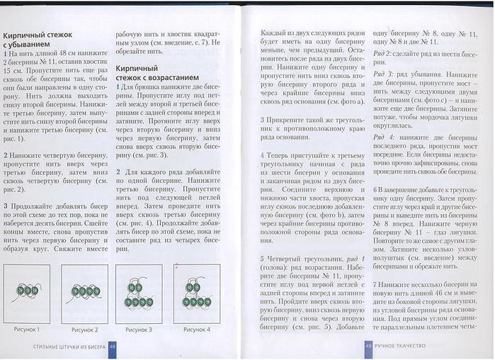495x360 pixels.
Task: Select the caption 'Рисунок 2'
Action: [x=83, y=330]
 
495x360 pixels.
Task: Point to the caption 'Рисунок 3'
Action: [x=139, y=330]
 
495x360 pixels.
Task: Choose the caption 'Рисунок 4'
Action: [x=195, y=330]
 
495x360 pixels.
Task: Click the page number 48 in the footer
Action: [x=113, y=346]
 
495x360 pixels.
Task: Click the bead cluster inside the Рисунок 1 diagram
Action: [x=28, y=291]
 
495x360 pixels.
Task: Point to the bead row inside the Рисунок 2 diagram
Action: [x=84, y=291]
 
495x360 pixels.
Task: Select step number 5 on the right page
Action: [x=262, y=259]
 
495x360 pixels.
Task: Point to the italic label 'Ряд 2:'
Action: [x=383, y=54]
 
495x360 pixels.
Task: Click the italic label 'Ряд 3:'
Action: [x=383, y=74]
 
